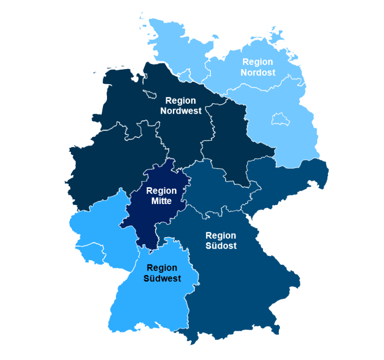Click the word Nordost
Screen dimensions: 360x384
pos(258,72)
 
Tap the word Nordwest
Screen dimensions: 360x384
pos(180,111)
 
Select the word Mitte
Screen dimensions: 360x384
pos(161,201)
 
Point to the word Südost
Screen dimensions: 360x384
pos(221,246)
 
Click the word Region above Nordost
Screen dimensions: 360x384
pos(258,62)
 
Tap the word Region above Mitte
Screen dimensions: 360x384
pos(161,191)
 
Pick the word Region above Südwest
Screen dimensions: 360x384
pos(162,268)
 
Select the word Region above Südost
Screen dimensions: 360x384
pos(221,236)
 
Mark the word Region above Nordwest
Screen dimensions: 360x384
pos(180,101)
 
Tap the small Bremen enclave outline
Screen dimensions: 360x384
pos(150,93)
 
